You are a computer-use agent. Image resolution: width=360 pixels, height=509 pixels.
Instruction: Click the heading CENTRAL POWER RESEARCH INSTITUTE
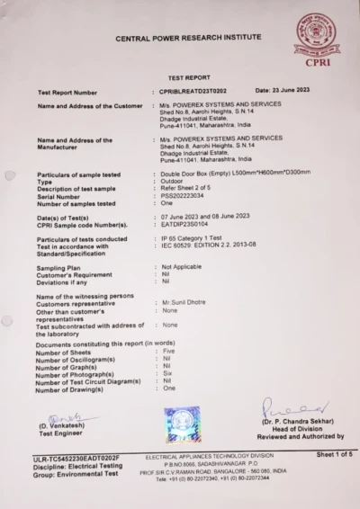(189, 40)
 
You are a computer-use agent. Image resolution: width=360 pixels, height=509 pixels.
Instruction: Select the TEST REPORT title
(189, 78)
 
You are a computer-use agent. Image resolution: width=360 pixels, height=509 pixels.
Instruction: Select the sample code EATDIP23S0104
(190, 225)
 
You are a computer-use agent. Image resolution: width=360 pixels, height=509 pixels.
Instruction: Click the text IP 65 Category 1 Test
(199, 238)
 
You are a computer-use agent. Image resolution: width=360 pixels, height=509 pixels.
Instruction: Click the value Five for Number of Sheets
(170, 352)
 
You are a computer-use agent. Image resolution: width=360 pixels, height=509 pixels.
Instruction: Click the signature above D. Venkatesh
(61, 418)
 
